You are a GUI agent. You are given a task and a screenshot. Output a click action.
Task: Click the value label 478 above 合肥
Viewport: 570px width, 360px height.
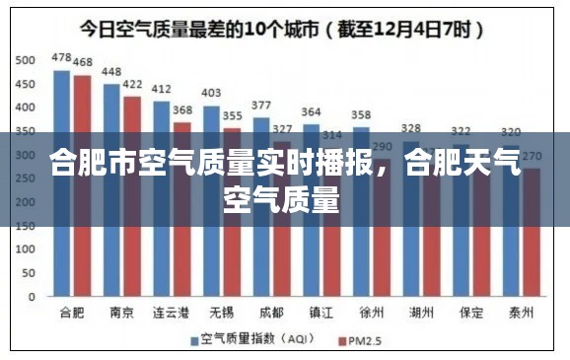click(x=61, y=58)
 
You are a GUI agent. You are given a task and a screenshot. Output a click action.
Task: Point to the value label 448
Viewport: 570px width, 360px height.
click(x=111, y=72)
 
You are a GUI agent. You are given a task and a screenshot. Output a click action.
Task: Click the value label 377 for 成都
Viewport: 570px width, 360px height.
click(x=261, y=106)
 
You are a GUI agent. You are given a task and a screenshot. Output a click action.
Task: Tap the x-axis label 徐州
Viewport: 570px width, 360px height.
click(x=371, y=313)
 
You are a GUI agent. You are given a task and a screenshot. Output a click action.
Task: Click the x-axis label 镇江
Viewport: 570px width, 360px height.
click(x=321, y=313)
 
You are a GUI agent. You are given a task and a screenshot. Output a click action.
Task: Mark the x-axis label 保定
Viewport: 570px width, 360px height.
click(x=471, y=313)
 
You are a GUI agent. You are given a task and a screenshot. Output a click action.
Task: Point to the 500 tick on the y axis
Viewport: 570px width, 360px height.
click(x=25, y=60)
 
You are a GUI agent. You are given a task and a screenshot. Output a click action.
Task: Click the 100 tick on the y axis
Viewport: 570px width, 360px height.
click(x=25, y=249)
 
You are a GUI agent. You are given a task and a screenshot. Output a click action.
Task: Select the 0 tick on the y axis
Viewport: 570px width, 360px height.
click(x=32, y=296)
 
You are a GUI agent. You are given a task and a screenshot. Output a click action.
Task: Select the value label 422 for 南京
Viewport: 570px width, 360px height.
click(x=132, y=85)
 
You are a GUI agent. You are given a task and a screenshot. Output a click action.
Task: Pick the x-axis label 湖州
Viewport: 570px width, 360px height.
click(x=421, y=313)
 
